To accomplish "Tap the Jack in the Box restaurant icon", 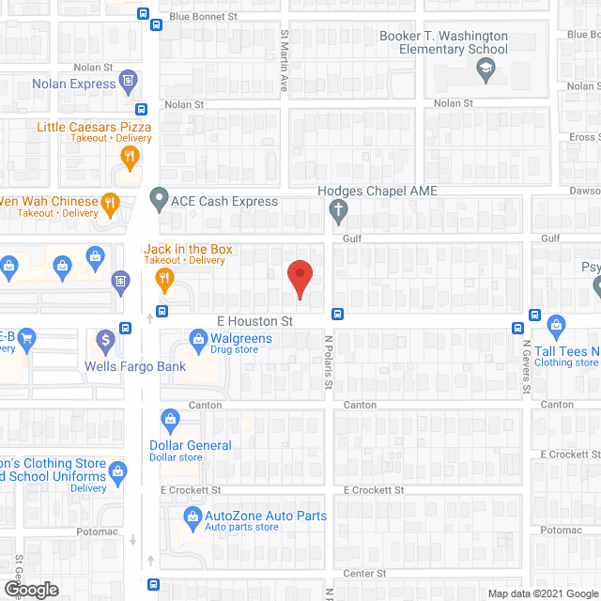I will (164, 277).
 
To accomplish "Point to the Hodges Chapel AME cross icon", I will (339, 210).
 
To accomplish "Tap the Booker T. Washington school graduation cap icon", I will (485, 67).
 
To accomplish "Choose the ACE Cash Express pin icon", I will (159, 201).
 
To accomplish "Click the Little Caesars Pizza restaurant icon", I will (131, 156).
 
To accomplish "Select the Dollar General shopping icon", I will (170, 417).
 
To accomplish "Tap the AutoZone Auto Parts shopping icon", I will (192, 516).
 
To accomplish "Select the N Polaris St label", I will (329, 362).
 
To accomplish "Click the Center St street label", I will (364, 573).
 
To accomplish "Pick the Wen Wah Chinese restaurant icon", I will (110, 201).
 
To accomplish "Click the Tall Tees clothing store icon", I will (556, 326).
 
